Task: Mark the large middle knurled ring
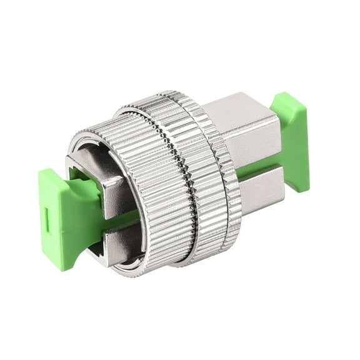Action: click(200, 181)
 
